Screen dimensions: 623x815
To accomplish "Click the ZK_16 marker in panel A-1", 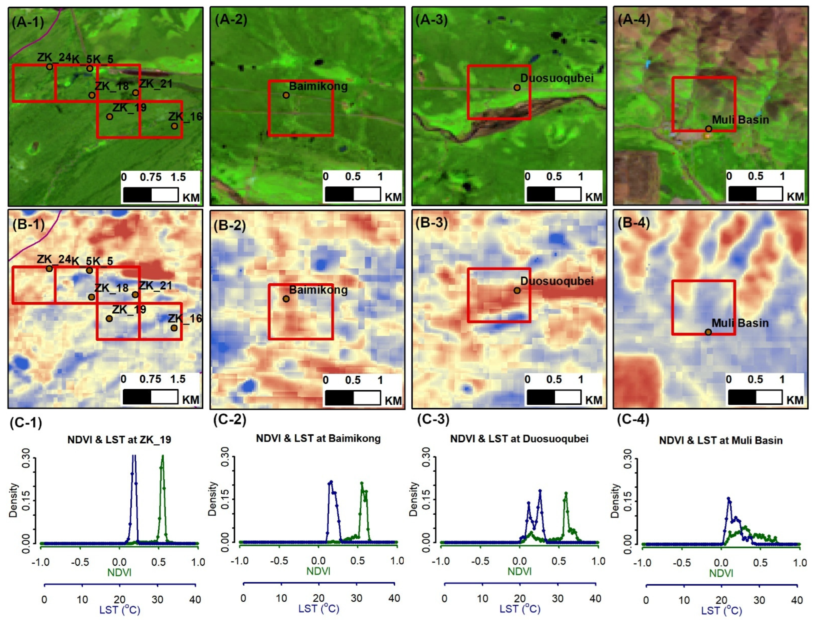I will point(174,126).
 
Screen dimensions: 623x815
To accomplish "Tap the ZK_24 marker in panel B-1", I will point(49,269).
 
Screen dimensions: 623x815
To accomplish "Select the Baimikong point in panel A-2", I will point(286,95).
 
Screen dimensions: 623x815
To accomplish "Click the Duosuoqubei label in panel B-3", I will point(557,281).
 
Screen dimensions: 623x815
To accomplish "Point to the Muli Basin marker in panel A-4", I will point(708,129).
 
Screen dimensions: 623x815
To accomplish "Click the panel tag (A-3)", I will point(431,19).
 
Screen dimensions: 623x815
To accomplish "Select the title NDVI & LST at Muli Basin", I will point(721,441).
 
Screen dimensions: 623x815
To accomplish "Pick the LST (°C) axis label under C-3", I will point(520,609).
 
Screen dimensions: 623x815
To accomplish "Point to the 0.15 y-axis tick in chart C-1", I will point(26,501).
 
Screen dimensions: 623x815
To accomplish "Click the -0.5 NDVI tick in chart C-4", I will point(682,563).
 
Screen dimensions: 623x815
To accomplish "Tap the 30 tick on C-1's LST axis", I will point(157,600).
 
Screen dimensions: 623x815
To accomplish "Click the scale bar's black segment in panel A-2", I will point(339,194).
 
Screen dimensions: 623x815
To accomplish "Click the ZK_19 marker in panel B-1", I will point(109,318).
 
